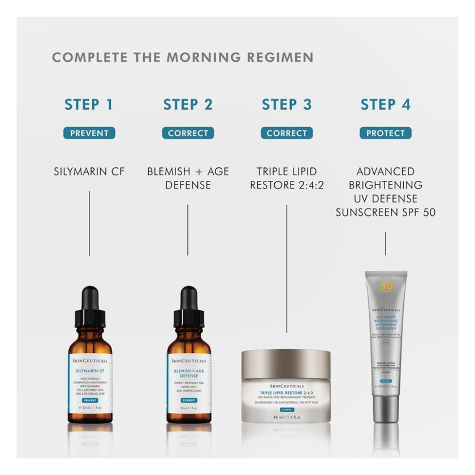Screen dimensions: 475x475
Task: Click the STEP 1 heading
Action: pyautogui.click(x=89, y=105)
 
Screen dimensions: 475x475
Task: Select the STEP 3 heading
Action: pyautogui.click(x=287, y=105)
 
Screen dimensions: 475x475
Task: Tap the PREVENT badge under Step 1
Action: pyautogui.click(x=89, y=133)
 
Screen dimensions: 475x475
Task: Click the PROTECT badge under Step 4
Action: pyautogui.click(x=386, y=133)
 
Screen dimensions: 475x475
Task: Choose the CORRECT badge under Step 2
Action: pyautogui.click(x=188, y=133)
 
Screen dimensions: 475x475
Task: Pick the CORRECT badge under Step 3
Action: pyautogui.click(x=287, y=133)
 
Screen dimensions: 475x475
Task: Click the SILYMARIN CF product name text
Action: pyautogui.click(x=89, y=171)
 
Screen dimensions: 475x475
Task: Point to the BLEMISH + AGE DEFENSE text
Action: pyautogui.click(x=188, y=178)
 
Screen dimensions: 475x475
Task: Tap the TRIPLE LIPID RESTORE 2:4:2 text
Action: pyautogui.click(x=287, y=178)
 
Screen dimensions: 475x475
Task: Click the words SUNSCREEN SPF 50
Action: pyautogui.click(x=386, y=213)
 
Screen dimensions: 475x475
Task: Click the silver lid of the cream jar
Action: pyautogui.click(x=286, y=364)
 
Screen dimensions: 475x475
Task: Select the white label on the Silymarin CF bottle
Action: pyautogui.click(x=89, y=382)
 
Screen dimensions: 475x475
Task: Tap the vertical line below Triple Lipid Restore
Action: pyautogui.click(x=287, y=269)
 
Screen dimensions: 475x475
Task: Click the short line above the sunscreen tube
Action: pyautogui.click(x=386, y=243)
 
